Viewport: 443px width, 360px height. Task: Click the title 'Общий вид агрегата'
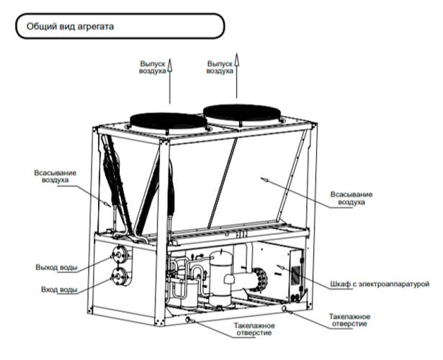coord(71,27)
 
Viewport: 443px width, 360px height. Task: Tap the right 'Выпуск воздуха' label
coord(220,68)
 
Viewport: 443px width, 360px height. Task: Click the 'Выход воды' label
coord(56,268)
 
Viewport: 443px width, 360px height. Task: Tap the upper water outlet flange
coord(118,254)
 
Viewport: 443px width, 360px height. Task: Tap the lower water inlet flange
coord(118,276)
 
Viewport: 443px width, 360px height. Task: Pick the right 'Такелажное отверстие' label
coord(349,320)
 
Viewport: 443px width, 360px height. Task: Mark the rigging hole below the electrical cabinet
coord(287,309)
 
